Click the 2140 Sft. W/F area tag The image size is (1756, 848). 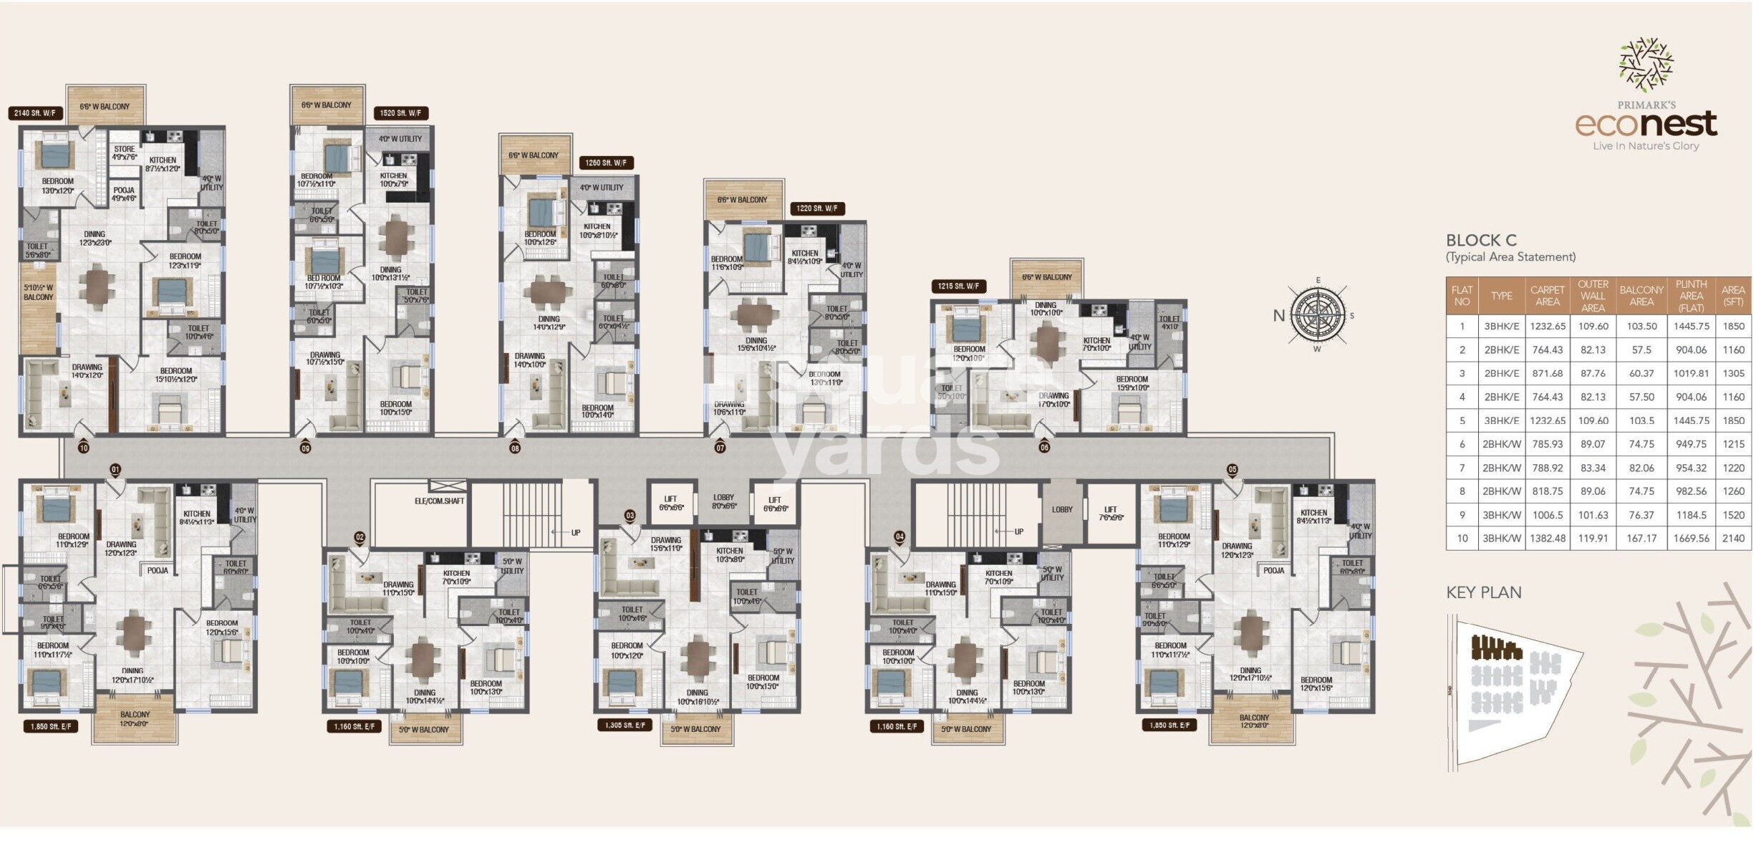pos(35,113)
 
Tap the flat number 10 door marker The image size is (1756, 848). pos(84,448)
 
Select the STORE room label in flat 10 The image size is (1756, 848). pos(124,153)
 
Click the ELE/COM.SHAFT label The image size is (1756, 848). pos(439,501)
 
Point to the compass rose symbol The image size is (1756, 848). pos(1316,315)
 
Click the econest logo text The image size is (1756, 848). pos(1646,124)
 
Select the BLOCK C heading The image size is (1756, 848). pos(1481,241)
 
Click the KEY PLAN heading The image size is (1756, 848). pos(1483,593)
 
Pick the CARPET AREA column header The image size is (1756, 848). pos(1547,296)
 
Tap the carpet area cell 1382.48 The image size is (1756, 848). pos(1547,539)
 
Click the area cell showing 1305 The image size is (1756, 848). pos(1733,373)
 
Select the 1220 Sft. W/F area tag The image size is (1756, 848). pos(816,208)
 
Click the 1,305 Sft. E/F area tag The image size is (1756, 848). pos(624,726)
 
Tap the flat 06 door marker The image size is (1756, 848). pos(1044,448)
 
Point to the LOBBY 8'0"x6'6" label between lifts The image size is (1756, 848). pos(723,501)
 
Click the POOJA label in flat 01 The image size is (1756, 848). pos(158,571)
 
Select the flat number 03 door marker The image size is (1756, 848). pos(629,516)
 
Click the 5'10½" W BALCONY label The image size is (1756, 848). pos(38,292)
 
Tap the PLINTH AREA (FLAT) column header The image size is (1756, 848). pos(1691,296)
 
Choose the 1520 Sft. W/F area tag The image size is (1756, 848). pos(400,113)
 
